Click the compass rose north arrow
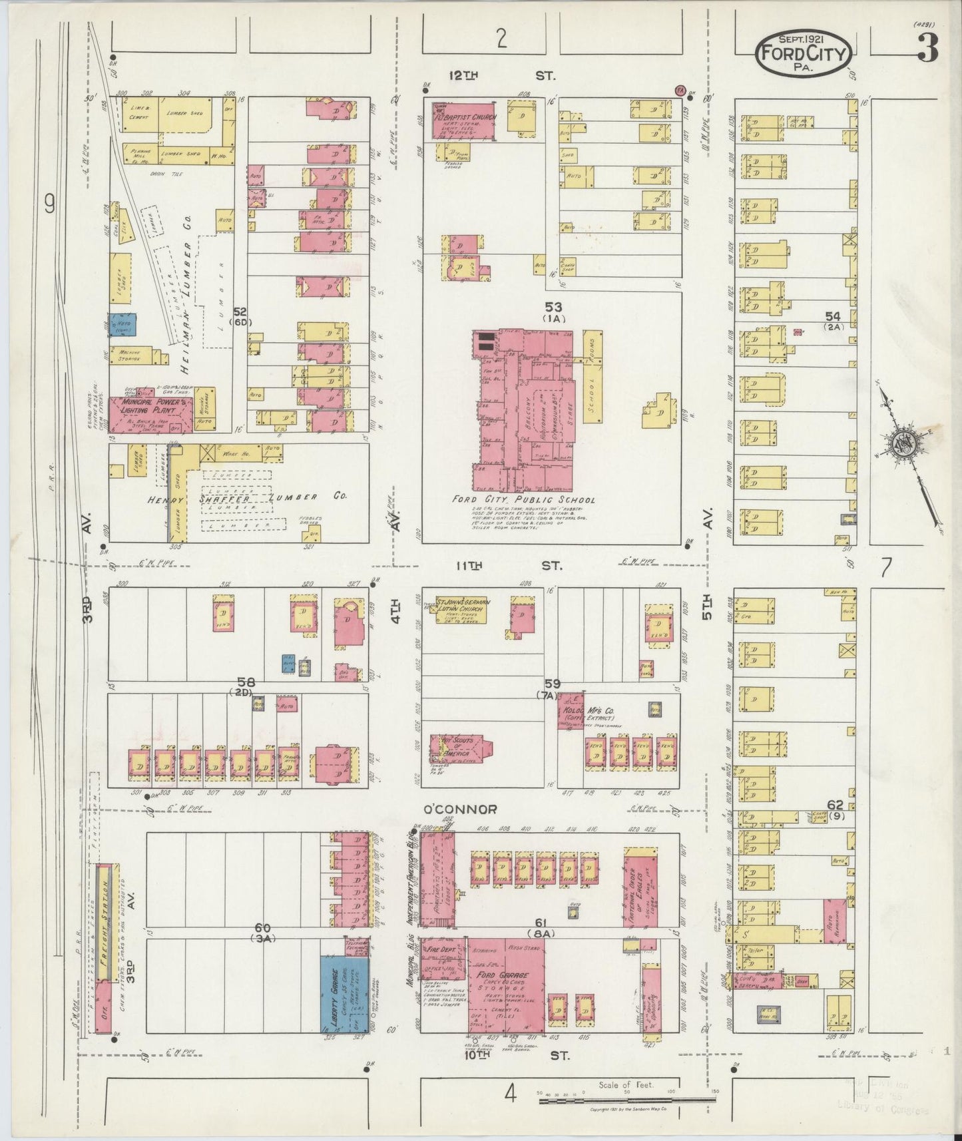907,442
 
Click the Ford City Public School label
523,499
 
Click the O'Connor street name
461,809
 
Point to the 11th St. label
507,565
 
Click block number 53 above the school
553,307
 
